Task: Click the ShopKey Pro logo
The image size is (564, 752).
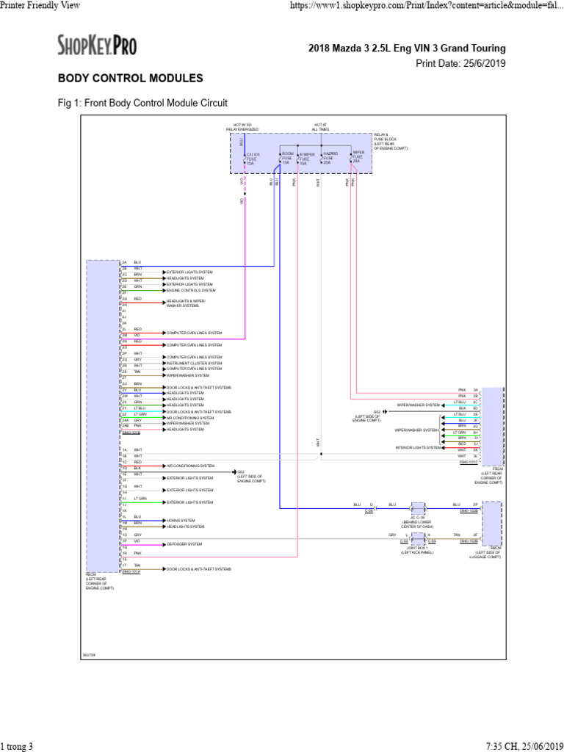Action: tap(97, 46)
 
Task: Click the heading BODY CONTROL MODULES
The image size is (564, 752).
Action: tap(131, 78)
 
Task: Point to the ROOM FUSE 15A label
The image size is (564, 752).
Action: tap(287, 158)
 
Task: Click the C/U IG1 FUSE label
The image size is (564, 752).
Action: tap(253, 158)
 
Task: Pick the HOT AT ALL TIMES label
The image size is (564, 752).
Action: tap(320, 127)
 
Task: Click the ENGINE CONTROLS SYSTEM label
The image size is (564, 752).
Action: tap(191, 291)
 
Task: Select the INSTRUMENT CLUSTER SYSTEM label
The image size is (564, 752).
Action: tap(194, 363)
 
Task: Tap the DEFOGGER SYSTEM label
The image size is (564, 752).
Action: tap(184, 544)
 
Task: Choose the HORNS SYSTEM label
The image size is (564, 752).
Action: tap(181, 520)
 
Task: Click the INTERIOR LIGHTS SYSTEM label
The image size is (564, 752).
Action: tap(418, 447)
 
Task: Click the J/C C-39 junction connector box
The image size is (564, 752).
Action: tap(418, 507)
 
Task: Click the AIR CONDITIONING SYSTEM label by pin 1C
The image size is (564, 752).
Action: tap(190, 466)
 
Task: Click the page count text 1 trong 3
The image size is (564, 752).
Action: tap(17, 746)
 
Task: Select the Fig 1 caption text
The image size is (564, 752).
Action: tap(142, 103)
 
